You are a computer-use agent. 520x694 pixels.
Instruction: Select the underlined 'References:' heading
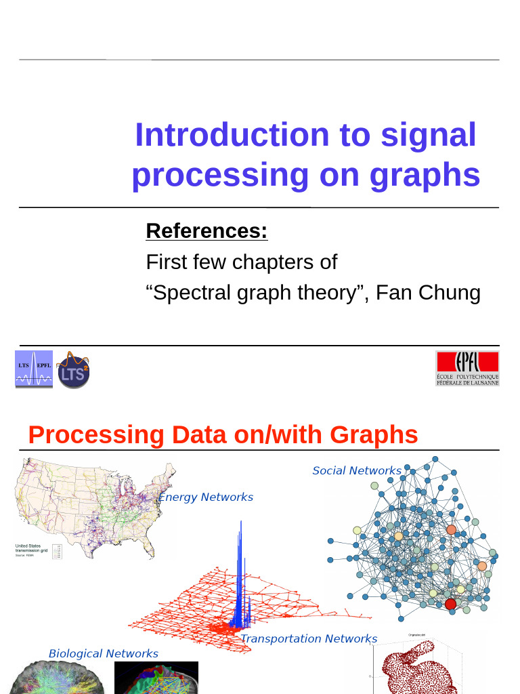click(207, 231)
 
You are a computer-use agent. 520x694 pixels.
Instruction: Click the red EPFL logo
click(467, 369)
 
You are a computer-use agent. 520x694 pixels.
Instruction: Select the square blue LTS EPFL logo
click(34, 369)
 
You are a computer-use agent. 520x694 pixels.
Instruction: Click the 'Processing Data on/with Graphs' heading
click(223, 434)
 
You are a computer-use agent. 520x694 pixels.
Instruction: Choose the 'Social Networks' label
click(356, 470)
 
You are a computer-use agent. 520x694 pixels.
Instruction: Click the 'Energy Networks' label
click(206, 497)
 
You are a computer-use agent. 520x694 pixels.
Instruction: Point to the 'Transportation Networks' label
click(309, 638)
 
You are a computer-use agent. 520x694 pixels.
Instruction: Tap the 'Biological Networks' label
click(103, 653)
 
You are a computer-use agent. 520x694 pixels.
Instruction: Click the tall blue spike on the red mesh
click(238, 569)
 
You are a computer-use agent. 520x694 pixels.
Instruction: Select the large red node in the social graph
click(450, 604)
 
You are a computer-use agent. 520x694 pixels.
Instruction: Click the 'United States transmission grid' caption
click(31, 549)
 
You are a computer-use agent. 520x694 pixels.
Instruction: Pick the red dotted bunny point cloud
click(413, 671)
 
